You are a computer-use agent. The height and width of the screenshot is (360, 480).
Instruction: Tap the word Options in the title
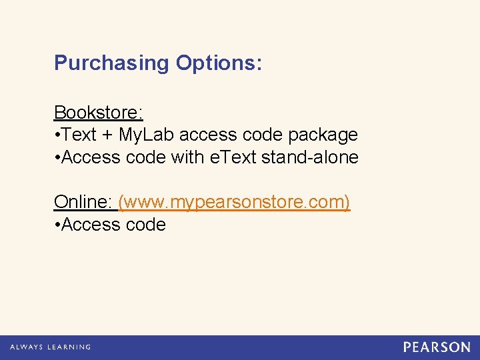tap(219, 63)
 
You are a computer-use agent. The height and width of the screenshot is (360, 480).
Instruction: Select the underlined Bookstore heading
tap(99, 112)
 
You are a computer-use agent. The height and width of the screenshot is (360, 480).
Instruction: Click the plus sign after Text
tap(108, 135)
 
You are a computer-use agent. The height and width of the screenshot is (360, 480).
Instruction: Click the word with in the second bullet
tap(186, 158)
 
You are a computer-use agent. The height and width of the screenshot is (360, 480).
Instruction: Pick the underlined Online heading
tap(83, 202)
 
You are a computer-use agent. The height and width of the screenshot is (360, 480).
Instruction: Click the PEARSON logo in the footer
tap(437, 347)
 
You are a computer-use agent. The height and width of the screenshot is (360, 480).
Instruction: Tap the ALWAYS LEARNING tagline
tap(50, 347)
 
